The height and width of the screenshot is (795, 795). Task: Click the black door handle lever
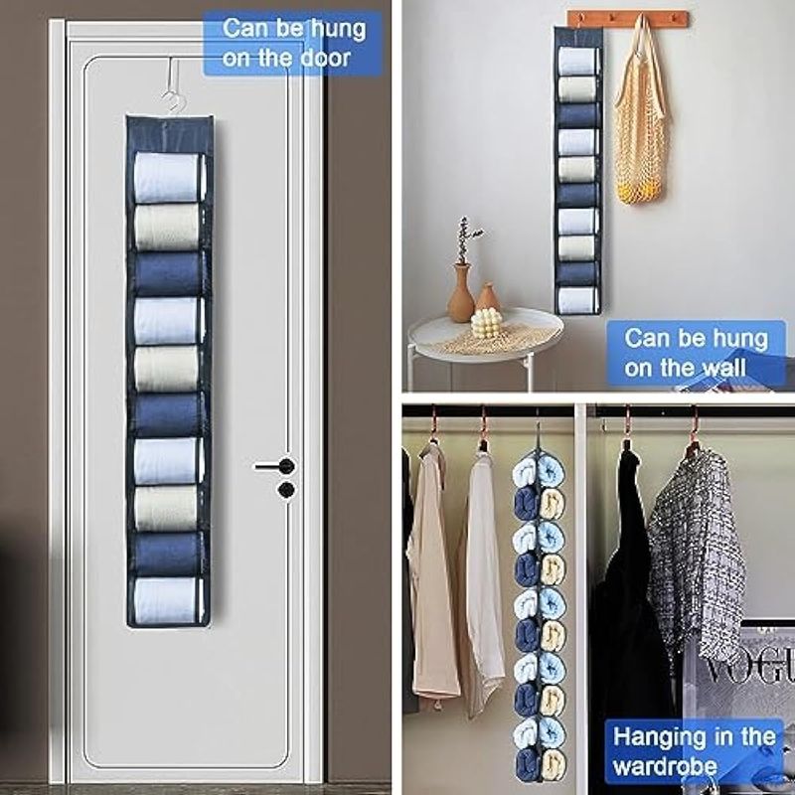(x=274, y=466)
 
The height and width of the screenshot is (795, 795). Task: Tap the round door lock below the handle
(x=286, y=489)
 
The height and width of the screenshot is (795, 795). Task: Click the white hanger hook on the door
(x=172, y=86)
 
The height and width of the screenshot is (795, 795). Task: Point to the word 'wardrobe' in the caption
(x=665, y=766)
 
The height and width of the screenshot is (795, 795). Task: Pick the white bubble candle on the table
(x=486, y=322)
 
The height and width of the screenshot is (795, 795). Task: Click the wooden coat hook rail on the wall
(x=628, y=19)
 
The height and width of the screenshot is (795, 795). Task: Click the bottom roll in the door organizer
(x=168, y=601)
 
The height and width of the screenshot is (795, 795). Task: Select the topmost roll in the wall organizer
(x=577, y=61)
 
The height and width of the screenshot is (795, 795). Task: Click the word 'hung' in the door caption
(x=337, y=30)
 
